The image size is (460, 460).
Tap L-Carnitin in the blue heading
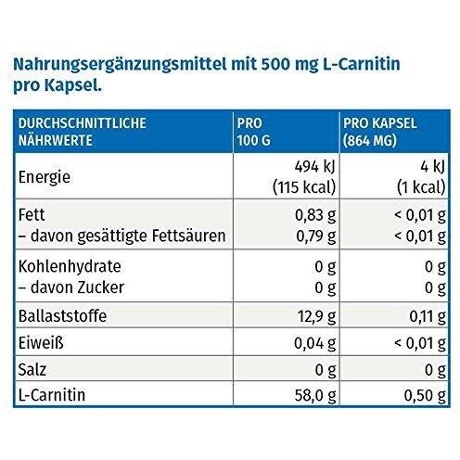(x=362, y=64)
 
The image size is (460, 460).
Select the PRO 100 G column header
(x=253, y=132)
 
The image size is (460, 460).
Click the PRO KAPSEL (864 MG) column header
(x=380, y=132)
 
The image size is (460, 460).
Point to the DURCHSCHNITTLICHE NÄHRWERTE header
(x=83, y=132)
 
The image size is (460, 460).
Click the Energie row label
(x=45, y=177)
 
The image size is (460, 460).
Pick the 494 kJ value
(x=315, y=167)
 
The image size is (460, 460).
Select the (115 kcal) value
(x=304, y=187)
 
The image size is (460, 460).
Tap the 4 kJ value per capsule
(x=432, y=167)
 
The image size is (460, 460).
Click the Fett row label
(x=32, y=215)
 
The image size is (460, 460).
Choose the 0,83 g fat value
(x=315, y=215)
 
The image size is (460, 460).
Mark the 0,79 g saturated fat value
(x=316, y=236)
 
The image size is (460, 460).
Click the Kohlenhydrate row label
(x=70, y=266)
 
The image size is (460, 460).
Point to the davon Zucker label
(x=71, y=287)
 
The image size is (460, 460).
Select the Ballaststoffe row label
(x=62, y=316)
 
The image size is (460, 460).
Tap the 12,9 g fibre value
(x=317, y=316)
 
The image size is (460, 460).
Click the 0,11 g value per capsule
(x=428, y=316)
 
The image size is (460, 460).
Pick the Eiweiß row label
(x=41, y=343)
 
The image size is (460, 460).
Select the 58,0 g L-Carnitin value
(x=315, y=396)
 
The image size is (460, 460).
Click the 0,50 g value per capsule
(x=425, y=396)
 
